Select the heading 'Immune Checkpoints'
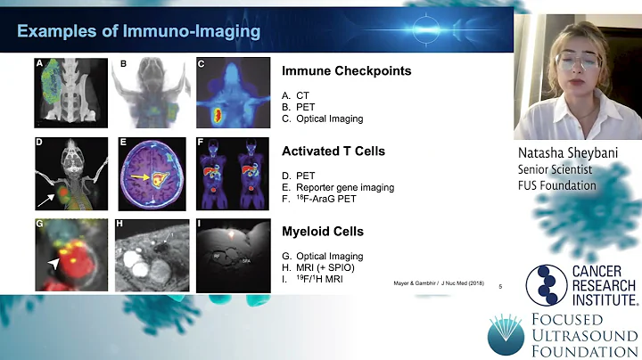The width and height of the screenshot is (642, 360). (333, 70)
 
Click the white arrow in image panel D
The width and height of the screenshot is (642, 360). (50, 190)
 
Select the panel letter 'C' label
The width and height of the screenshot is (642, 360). (201, 64)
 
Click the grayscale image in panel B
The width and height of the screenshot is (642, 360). (149, 90)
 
